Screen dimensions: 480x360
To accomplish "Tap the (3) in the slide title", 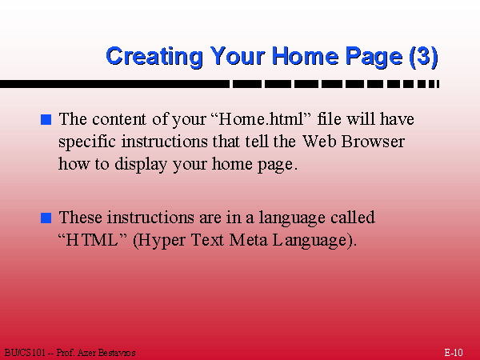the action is (x=424, y=57).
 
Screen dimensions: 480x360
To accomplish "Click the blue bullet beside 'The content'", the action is (x=46, y=119).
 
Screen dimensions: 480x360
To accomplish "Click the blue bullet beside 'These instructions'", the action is (x=46, y=218).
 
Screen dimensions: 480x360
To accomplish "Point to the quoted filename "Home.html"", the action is (x=261, y=118).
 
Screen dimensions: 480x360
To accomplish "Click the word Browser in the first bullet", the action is (x=373, y=142).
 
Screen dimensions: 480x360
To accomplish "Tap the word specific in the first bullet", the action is (x=87, y=142).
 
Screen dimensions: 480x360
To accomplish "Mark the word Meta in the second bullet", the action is (x=248, y=240).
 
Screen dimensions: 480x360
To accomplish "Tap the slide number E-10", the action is (x=454, y=353).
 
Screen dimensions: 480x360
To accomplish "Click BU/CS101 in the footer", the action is (x=25, y=353).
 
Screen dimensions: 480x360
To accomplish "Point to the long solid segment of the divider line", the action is (x=114, y=84).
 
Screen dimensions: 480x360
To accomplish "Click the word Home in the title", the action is (x=306, y=58).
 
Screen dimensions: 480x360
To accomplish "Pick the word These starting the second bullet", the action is (x=81, y=217).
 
